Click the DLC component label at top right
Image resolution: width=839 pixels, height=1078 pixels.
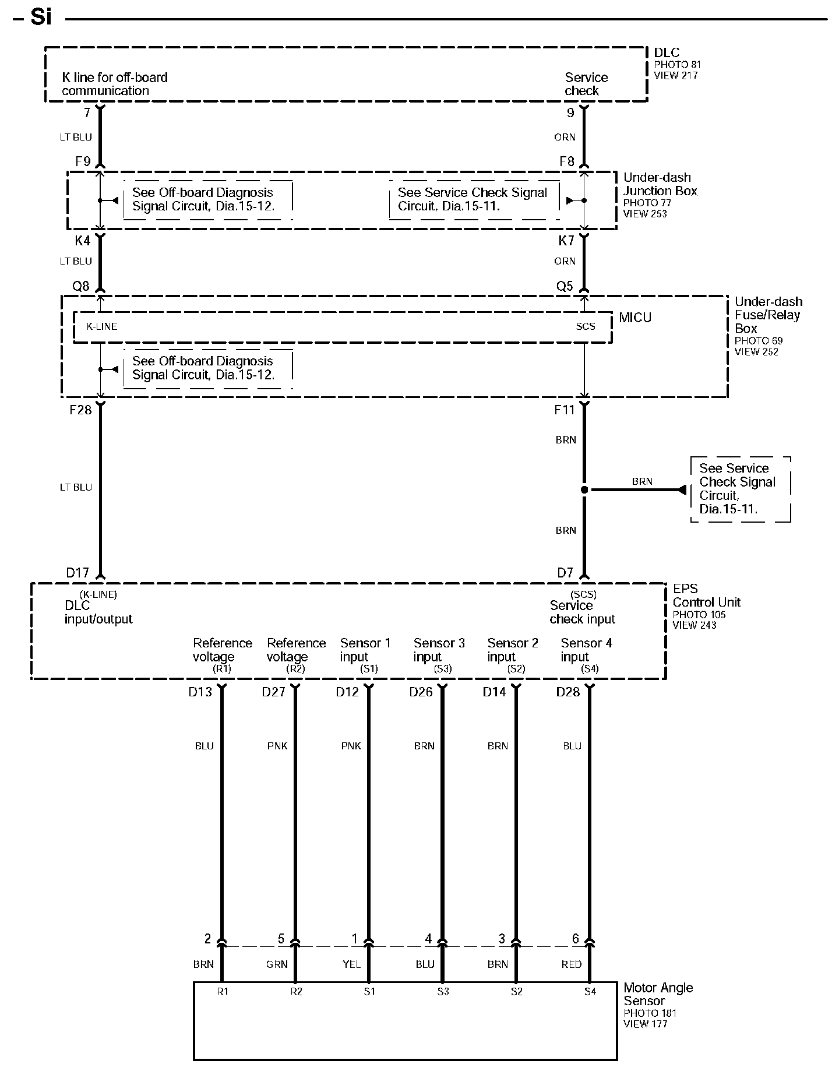point(667,53)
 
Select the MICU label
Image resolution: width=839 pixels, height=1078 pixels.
point(635,318)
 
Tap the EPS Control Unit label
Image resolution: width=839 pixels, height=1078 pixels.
point(706,596)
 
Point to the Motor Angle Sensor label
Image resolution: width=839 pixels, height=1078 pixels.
point(658,994)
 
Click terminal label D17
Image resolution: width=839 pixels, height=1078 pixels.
point(77,573)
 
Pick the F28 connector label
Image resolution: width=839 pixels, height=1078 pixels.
point(80,410)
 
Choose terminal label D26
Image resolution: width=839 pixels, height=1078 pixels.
point(421,692)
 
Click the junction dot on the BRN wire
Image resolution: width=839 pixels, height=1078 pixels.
point(584,490)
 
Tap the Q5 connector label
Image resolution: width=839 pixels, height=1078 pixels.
point(565,286)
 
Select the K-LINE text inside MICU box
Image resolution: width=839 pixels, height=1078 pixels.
point(102,326)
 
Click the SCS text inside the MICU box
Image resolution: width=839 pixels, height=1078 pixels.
point(585,326)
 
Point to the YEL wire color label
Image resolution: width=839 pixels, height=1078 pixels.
point(351,964)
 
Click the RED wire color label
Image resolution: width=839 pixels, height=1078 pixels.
point(572,964)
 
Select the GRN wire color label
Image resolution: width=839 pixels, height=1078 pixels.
point(277,964)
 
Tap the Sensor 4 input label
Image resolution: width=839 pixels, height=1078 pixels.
point(586,650)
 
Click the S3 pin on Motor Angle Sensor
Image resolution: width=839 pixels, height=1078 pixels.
point(443,991)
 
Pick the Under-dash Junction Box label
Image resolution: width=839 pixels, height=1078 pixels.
point(660,184)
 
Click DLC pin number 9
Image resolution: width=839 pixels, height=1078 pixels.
point(570,113)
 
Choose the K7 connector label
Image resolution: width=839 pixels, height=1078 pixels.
point(566,241)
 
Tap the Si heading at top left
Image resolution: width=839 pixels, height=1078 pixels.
point(41,17)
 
